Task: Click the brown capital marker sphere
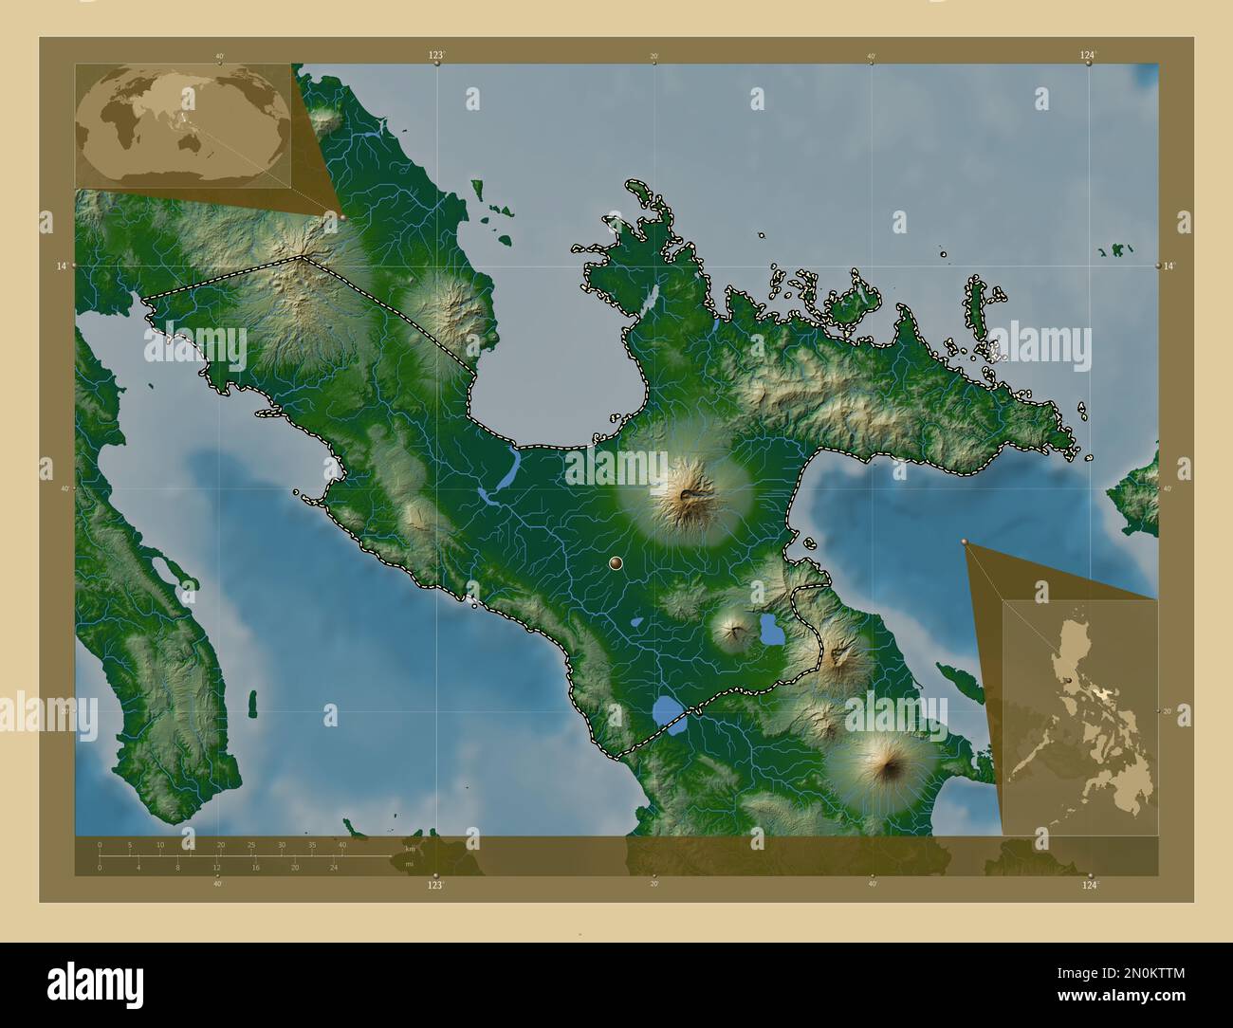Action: tap(617, 563)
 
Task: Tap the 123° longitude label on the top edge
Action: tap(435, 56)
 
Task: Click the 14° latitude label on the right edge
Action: tap(1169, 266)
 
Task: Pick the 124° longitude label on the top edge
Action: tap(1088, 56)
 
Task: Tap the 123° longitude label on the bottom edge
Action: tap(435, 884)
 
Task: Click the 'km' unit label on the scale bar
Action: tap(410, 849)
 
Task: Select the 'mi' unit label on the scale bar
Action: tap(409, 864)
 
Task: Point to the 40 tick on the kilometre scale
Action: tap(342, 844)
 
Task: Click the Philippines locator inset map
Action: tap(1079, 718)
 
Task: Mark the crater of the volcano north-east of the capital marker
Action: tap(687, 494)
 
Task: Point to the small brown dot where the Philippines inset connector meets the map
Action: tap(965, 542)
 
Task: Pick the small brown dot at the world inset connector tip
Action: tap(342, 216)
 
